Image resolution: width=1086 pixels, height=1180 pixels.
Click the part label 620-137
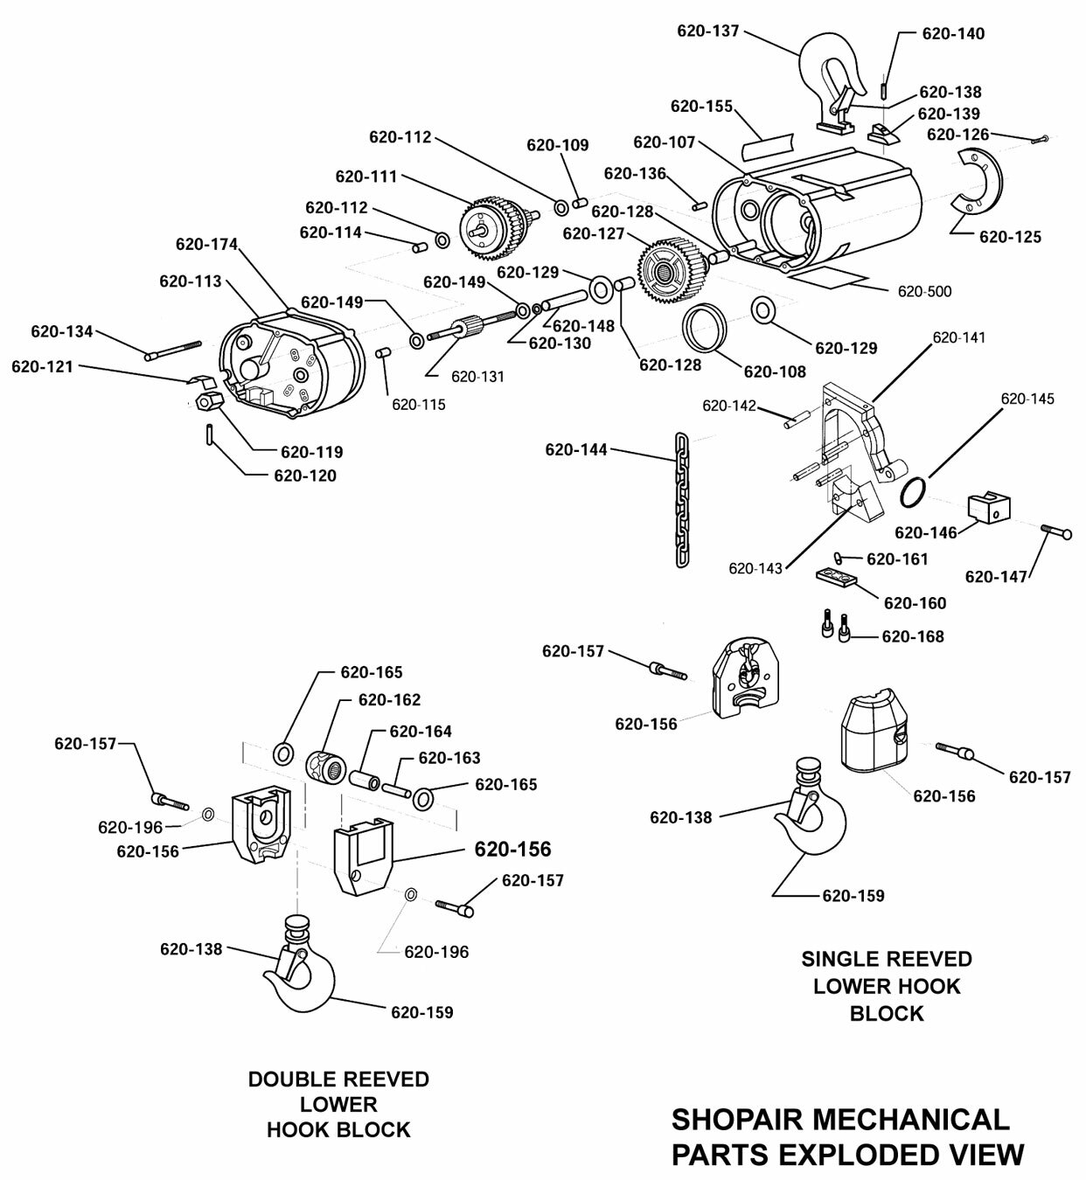pos(707,31)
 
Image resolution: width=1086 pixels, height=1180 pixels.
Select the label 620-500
pos(924,291)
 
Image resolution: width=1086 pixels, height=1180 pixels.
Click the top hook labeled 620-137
pos(831,61)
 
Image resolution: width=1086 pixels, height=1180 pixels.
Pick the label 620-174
pos(206,244)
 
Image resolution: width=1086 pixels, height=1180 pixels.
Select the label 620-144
pos(576,450)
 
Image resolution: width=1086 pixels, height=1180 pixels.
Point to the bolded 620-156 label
pos(512,850)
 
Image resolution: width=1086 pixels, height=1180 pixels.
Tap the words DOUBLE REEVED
pos(338,1079)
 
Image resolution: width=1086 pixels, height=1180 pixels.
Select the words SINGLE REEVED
pos(886,959)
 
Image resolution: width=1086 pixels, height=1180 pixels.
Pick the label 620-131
pos(477,377)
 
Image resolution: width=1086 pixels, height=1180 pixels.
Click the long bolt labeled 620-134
pos(174,349)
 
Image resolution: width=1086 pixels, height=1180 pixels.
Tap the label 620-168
pos(913,637)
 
